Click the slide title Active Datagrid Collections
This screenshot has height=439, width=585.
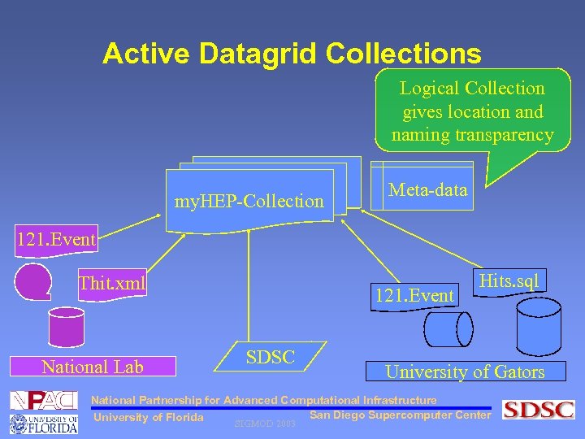[x=292, y=54]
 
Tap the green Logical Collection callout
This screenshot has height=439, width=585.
[x=472, y=111]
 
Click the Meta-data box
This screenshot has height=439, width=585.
[x=428, y=190]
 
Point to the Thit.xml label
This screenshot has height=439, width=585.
[x=111, y=283]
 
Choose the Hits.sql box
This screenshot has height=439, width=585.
[x=510, y=281]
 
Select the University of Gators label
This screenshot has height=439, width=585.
[x=465, y=372]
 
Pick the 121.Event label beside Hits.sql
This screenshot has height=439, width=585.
[x=414, y=295]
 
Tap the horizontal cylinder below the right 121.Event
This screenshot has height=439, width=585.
[x=448, y=329]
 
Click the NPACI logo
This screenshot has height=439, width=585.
[x=43, y=400]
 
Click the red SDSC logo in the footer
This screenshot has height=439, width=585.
[x=539, y=410]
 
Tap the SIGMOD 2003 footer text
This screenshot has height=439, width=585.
[x=264, y=424]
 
